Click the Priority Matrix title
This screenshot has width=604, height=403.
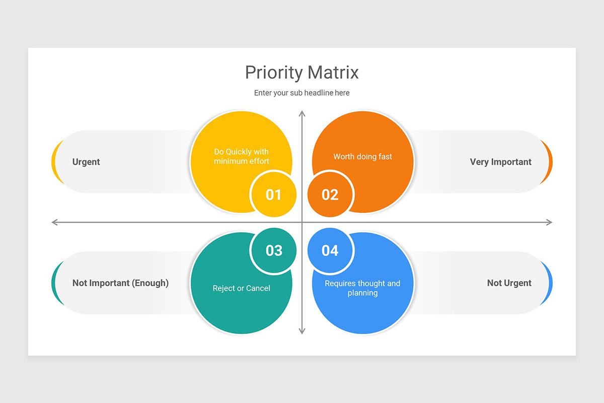301,73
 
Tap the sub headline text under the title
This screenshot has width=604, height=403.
301,93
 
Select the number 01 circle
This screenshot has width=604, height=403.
273,194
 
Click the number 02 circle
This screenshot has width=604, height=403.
330,194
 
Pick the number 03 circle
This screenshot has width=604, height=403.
274,250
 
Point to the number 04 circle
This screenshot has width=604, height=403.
330,250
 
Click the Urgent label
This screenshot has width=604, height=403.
86,162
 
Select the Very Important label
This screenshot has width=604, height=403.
500,162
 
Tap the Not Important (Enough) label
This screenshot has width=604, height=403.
120,283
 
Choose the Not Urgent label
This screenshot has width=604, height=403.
509,283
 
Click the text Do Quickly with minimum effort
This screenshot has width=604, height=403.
242,156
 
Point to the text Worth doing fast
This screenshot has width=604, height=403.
362,157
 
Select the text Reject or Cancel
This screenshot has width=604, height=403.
242,288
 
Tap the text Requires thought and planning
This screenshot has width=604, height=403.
362,288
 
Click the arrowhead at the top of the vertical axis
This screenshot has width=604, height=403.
302,113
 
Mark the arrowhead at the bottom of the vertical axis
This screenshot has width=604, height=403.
302,331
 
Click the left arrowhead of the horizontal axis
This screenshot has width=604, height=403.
54,222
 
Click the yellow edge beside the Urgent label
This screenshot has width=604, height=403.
54,162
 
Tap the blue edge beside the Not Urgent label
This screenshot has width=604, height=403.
550,283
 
